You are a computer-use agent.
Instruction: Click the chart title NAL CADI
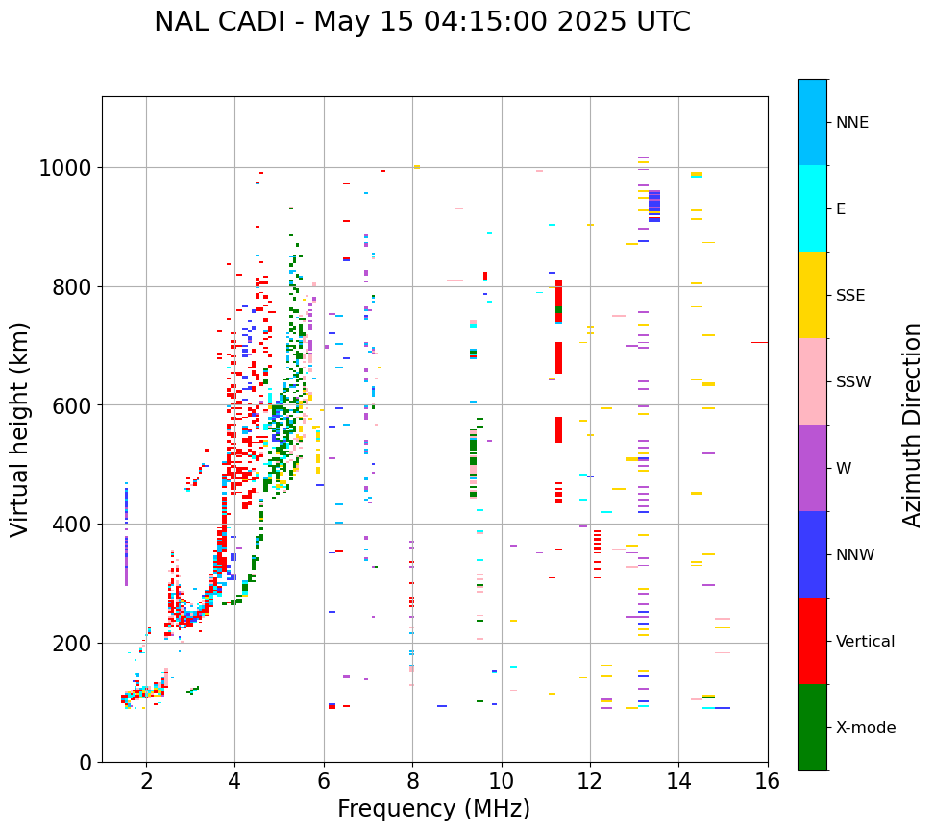click(422, 22)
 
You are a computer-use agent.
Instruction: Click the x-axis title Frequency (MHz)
click(433, 809)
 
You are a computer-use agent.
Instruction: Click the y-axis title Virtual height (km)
click(20, 429)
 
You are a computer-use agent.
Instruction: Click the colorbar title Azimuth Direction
click(912, 425)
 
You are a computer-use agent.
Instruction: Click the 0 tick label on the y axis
click(86, 763)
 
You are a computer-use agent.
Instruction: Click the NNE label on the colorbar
click(851, 122)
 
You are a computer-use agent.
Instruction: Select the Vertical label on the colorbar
click(865, 641)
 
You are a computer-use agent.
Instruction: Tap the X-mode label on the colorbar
click(866, 727)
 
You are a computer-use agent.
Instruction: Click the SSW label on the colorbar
click(853, 381)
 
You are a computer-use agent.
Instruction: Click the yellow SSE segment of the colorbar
click(812, 295)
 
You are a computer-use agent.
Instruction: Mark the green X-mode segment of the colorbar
click(812, 727)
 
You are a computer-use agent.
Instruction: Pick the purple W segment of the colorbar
click(812, 468)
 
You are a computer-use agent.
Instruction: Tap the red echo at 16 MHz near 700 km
click(759, 342)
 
